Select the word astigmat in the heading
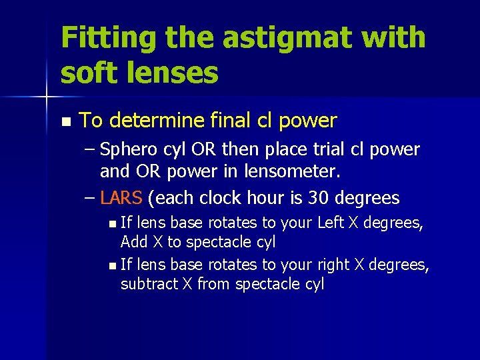274,38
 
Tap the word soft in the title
89,73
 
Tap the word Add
133,242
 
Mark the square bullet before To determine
65,122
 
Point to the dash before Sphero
90,149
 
